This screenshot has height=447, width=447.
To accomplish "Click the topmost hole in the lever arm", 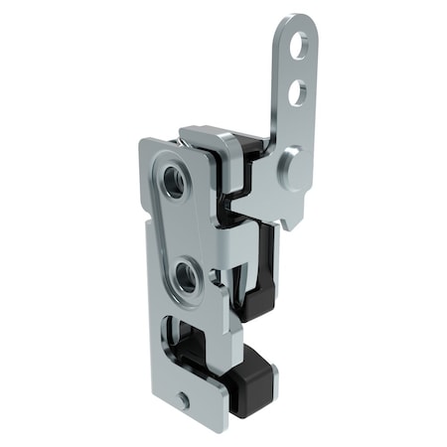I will pos(298,44).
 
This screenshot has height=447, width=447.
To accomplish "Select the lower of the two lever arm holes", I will pos(296,93).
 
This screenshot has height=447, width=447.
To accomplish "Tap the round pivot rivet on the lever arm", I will pos(290,163).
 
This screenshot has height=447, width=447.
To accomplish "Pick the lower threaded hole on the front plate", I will pos(185,276).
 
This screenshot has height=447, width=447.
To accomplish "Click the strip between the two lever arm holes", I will pos(297,69).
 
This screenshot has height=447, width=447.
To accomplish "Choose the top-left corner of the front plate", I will pos(144,142).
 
